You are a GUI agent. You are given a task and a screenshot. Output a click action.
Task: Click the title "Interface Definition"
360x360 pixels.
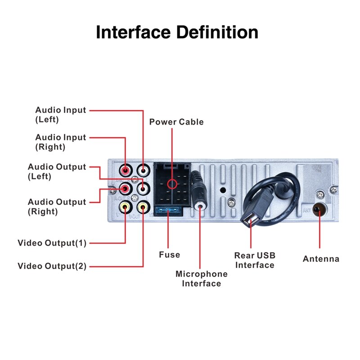click(177, 33)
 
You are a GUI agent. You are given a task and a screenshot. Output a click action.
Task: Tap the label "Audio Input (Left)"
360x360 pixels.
click(60, 115)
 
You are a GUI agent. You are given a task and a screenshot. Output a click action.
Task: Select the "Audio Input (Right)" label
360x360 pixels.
click(60, 142)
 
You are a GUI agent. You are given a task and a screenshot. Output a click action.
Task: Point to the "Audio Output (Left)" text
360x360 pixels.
click(57, 171)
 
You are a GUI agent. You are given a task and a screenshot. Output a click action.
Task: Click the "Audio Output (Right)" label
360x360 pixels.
click(57, 207)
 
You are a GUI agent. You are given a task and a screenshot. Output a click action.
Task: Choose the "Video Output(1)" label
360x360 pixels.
click(52, 243)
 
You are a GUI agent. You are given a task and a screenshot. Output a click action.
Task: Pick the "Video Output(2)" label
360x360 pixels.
click(52, 266)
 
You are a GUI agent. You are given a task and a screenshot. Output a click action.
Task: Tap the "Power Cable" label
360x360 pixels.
click(176, 122)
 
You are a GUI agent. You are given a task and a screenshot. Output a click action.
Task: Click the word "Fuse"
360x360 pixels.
click(169, 255)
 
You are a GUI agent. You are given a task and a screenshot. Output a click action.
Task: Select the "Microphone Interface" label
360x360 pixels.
click(201, 279)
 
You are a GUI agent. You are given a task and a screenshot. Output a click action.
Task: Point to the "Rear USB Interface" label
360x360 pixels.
click(255, 260)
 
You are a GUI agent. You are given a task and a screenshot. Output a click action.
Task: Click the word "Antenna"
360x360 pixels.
click(321, 259)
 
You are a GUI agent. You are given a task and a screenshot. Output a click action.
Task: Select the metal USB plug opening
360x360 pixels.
click(249, 220)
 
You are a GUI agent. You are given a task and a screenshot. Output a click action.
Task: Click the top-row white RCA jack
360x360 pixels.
click(143, 171)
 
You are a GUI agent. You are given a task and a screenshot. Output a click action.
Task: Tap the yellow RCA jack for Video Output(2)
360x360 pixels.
click(143, 207)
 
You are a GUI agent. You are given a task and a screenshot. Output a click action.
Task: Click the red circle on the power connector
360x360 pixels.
click(171, 184)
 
